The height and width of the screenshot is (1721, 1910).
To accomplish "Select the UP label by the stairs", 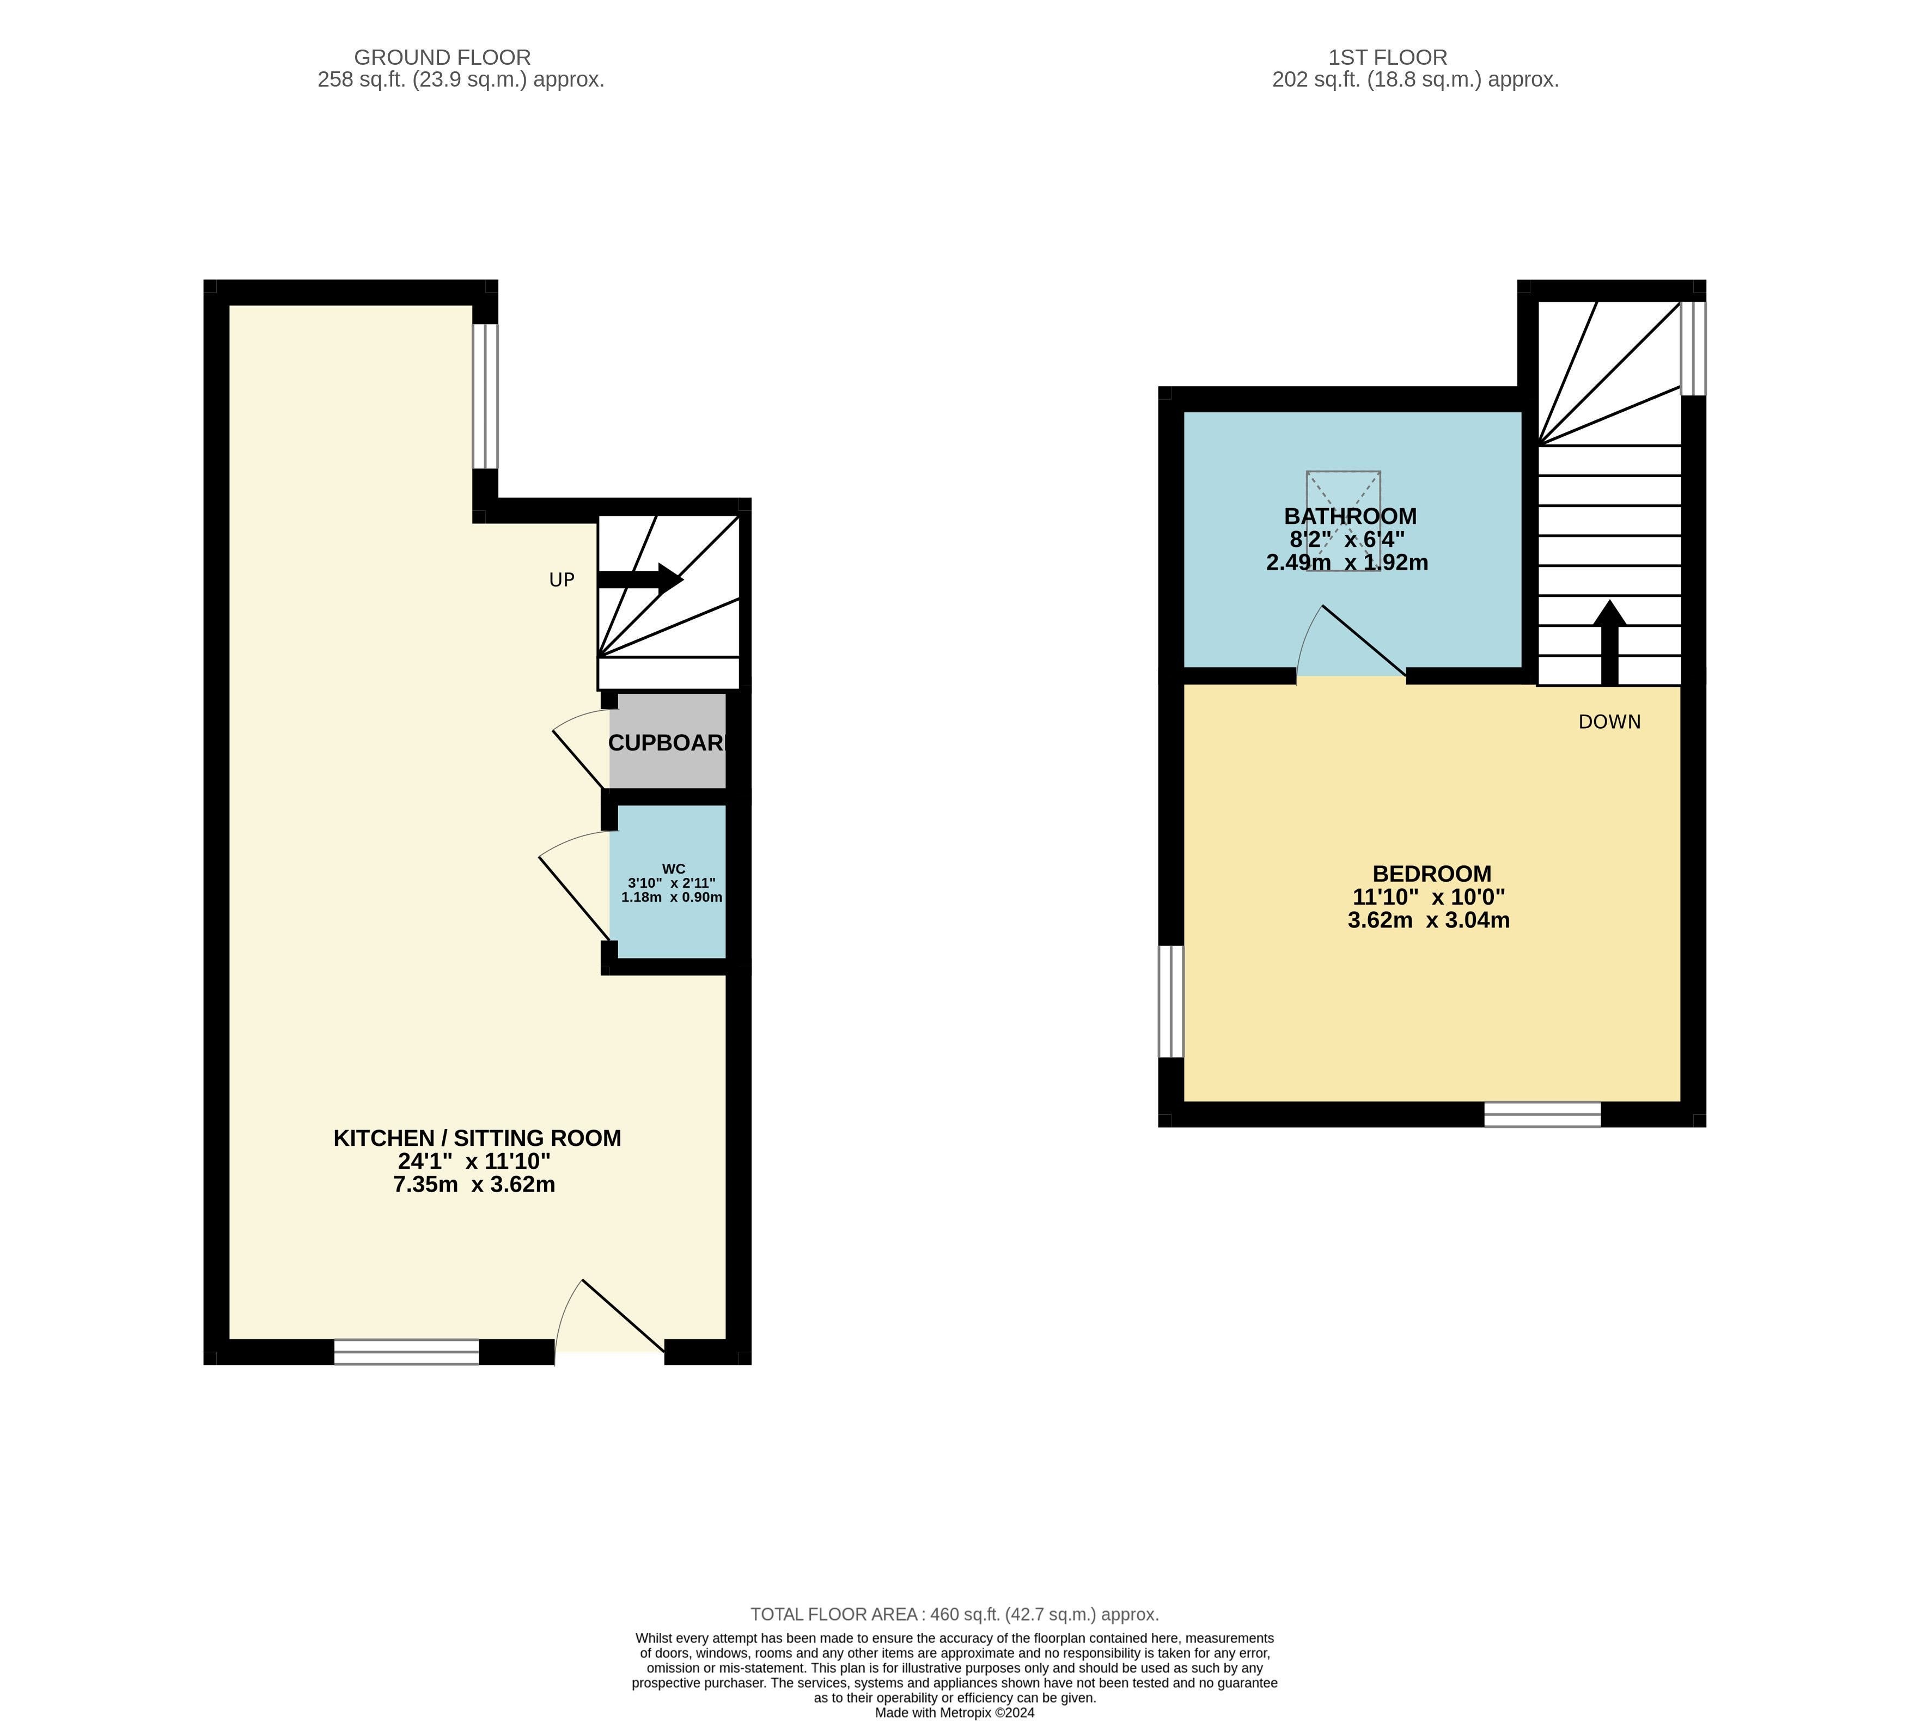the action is pos(562,579).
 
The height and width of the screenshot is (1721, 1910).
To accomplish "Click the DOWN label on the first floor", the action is pos(1609,722).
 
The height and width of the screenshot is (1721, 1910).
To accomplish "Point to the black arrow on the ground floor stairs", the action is pos(640,579).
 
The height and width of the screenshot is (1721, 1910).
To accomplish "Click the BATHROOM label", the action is pos(1350,516).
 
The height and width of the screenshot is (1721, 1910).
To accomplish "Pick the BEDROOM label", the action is pos(1432,874).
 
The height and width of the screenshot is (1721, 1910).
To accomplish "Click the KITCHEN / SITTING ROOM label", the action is pos(478,1138).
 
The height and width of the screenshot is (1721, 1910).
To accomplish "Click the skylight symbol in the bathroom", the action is pos(1344,521).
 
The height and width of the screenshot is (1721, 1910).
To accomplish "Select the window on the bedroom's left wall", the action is pos(1170,1002).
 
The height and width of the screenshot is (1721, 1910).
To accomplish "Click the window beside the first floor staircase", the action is pos(1693,348).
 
